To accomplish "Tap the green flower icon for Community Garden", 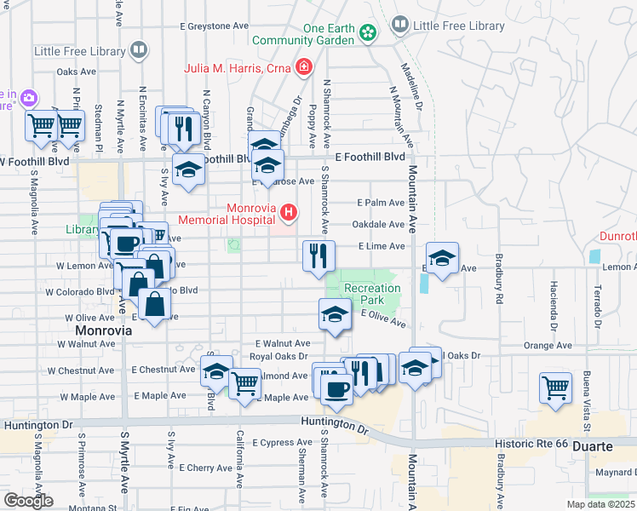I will tap(367, 33).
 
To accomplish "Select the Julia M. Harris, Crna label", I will tap(238, 67).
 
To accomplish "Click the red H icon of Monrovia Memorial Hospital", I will tap(290, 211).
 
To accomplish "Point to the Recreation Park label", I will tap(374, 294).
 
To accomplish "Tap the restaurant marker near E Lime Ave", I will tap(319, 256).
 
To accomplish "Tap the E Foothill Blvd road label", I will tap(370, 158).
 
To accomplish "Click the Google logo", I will tap(28, 501).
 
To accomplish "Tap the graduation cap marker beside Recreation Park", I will tap(336, 314).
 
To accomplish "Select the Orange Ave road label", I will tap(548, 346).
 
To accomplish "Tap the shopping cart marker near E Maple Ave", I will tap(244, 383).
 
